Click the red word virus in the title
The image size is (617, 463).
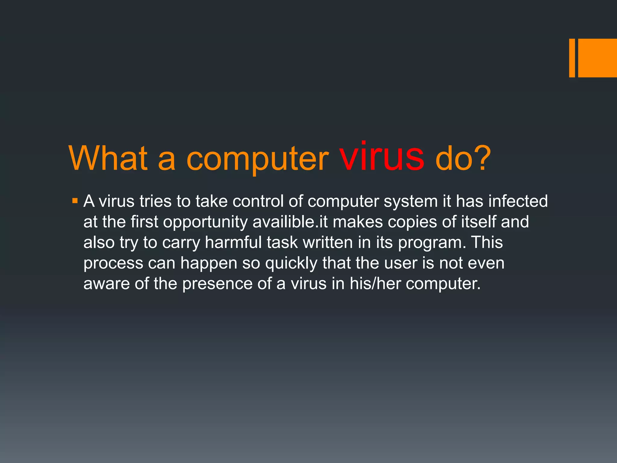point(382,157)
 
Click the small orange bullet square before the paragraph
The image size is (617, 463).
point(75,200)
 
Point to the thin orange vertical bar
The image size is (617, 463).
point(572,58)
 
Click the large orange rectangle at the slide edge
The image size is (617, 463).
point(597,58)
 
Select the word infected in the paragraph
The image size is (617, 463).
point(518,201)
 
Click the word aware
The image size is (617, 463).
point(106,284)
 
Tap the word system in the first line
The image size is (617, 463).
point(410,202)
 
